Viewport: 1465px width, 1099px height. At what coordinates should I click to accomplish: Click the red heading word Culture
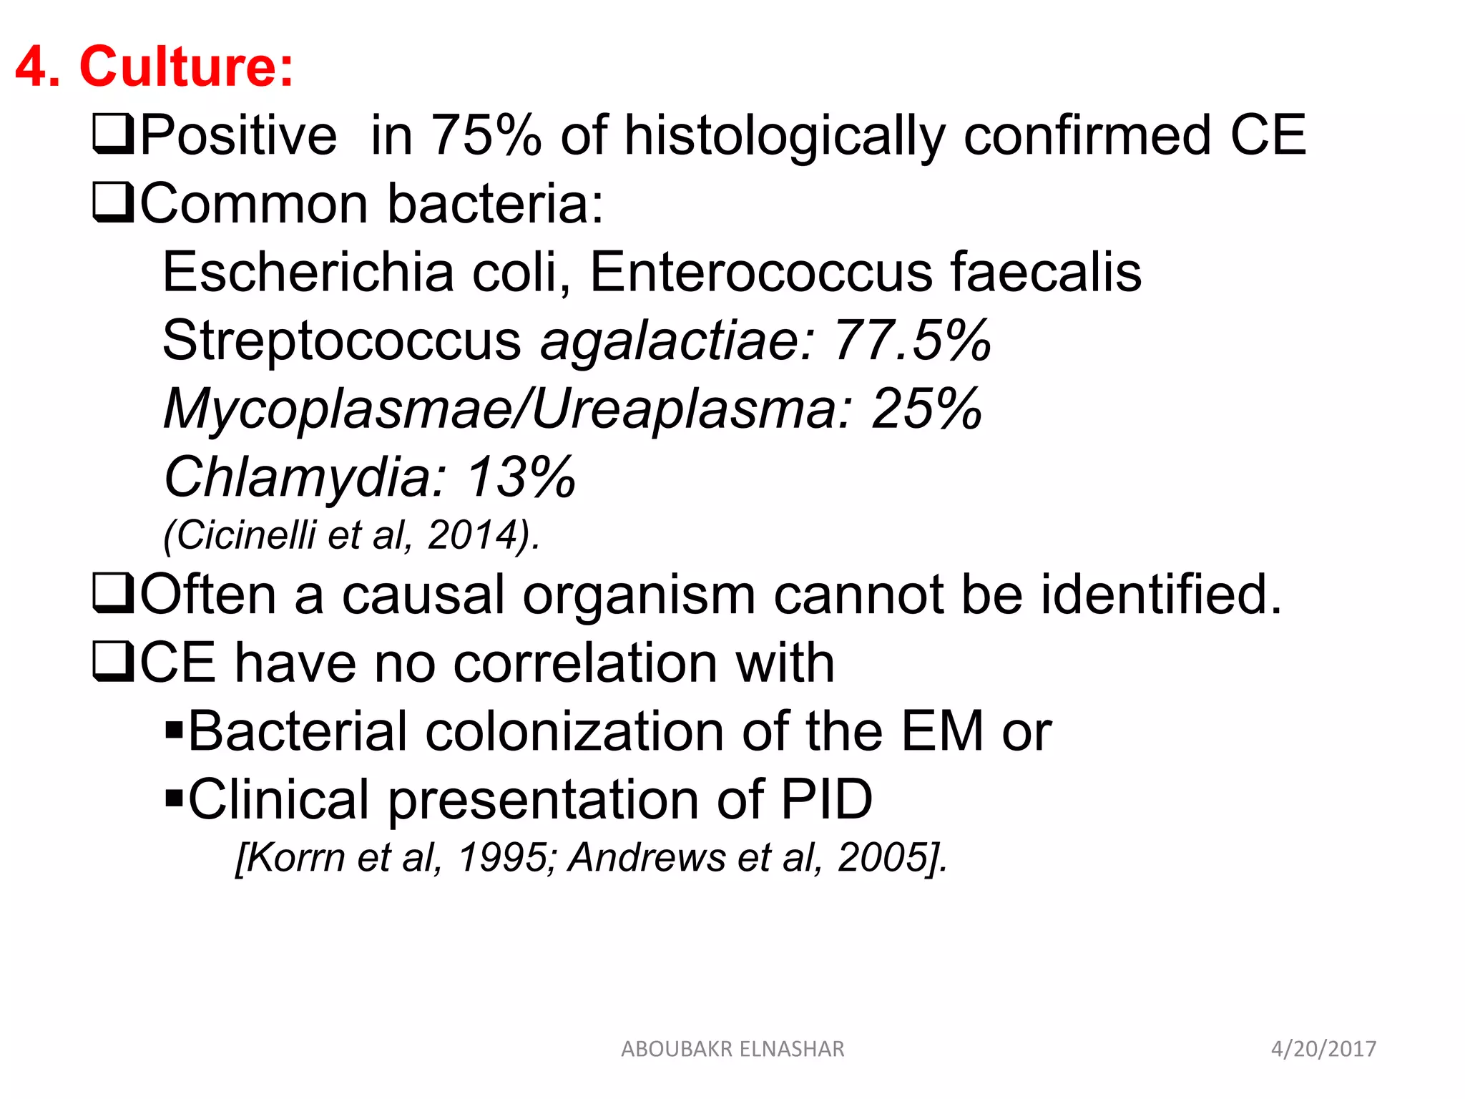[186, 67]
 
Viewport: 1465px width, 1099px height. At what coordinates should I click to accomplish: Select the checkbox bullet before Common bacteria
[113, 203]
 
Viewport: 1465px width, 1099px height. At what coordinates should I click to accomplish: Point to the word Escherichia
[308, 272]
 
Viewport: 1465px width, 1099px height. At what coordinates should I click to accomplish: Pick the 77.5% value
[912, 340]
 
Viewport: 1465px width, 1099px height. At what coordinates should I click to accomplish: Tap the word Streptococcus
[342, 340]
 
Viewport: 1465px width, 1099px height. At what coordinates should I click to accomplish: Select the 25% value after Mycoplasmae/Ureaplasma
[926, 409]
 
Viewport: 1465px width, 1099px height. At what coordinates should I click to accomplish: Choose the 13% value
[521, 477]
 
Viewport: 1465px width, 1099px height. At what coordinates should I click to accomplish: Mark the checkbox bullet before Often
[113, 594]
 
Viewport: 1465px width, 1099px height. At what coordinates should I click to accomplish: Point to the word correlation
[585, 663]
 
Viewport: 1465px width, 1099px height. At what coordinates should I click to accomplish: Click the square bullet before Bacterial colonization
[173, 731]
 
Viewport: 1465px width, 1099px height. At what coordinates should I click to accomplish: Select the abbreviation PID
[826, 799]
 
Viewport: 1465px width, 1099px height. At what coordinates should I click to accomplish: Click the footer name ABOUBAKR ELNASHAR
[732, 1049]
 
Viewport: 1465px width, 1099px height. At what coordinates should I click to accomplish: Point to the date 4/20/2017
[1323, 1049]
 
